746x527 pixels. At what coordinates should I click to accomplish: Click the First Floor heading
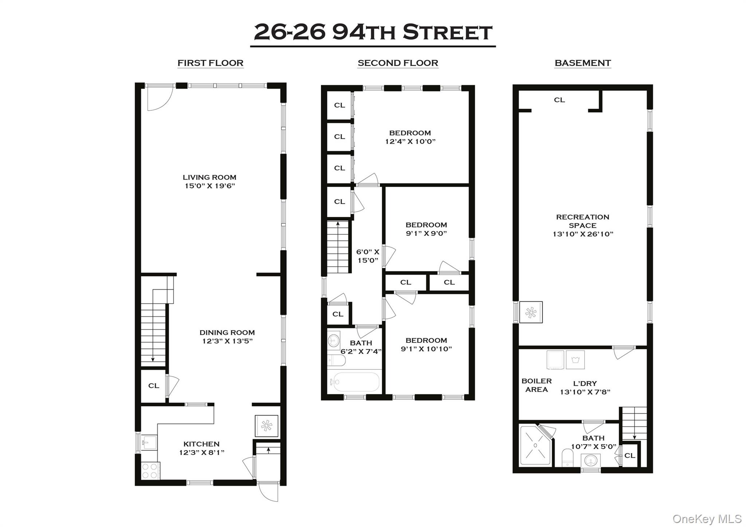(210, 63)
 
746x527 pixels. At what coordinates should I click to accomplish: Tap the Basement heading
(582, 63)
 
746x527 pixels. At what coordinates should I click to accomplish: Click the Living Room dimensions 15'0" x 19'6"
(209, 186)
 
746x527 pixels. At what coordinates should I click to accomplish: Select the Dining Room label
(227, 332)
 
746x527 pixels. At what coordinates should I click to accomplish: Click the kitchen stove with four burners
(150, 471)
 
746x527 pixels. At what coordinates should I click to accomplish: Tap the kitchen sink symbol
(149, 443)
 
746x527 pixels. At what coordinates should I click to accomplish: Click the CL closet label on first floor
(154, 386)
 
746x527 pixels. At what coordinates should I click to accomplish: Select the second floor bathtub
(354, 382)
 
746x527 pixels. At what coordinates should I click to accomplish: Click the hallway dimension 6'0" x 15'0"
(368, 256)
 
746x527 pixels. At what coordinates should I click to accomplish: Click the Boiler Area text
(536, 385)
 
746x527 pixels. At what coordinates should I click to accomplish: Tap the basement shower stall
(535, 445)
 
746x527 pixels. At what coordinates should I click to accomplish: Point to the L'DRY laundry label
(585, 384)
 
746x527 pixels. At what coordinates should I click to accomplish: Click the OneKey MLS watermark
(706, 519)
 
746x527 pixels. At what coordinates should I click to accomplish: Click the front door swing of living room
(160, 98)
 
